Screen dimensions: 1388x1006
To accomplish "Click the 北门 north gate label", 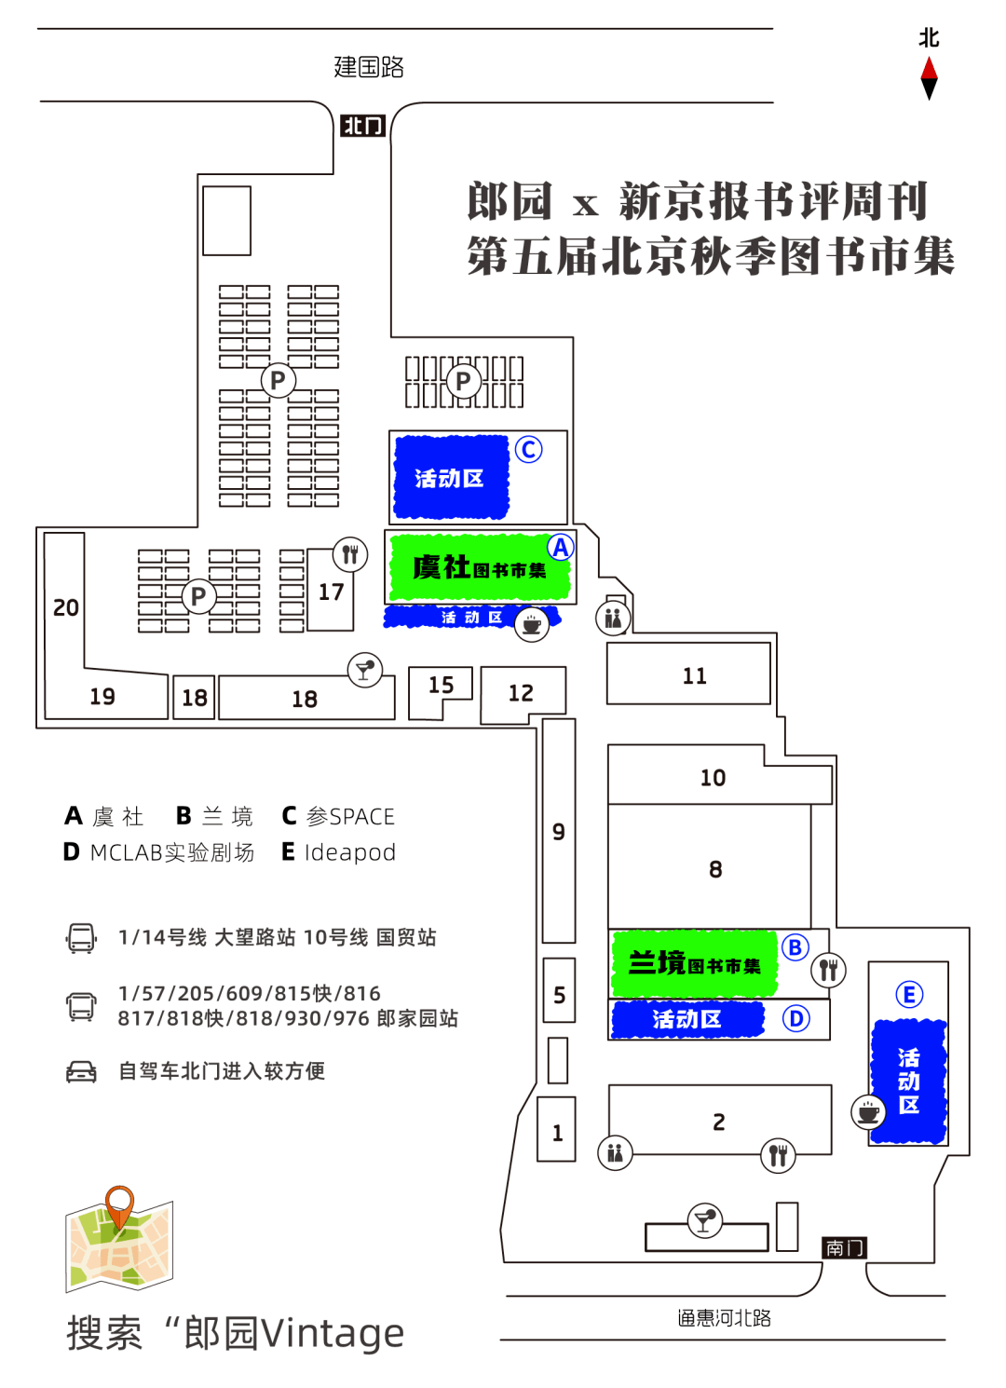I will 362,126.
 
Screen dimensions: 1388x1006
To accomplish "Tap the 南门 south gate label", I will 844,1247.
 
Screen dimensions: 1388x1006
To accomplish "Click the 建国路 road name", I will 369,67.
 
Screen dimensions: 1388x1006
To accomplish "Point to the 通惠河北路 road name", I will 724,1318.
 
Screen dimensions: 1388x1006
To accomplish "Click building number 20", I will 65,608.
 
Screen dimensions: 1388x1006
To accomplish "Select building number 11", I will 694,676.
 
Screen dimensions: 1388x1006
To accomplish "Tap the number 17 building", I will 331,592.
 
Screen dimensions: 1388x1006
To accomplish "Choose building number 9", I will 559,832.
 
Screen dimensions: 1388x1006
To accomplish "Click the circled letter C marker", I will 528,450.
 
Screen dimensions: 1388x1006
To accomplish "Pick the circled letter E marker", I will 909,994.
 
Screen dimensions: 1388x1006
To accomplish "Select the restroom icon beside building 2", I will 615,1153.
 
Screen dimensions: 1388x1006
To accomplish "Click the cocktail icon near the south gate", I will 704,1219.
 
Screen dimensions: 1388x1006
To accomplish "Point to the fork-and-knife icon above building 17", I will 350,555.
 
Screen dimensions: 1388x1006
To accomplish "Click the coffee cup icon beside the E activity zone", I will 868,1111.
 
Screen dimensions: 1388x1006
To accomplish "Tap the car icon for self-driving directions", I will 81,1071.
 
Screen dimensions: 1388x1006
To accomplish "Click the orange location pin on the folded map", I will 119,1204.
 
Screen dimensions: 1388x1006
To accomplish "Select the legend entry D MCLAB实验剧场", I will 158,852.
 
